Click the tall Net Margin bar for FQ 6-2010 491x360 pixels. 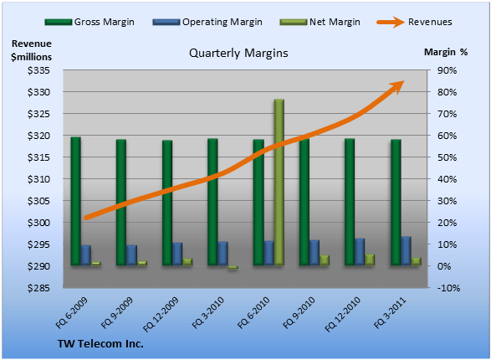point(279,183)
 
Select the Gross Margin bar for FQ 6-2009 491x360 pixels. point(76,201)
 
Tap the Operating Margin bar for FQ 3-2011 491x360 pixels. point(407,251)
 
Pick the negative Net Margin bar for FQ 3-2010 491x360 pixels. point(233,267)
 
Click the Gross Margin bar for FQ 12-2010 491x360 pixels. point(350,202)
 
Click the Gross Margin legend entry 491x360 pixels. point(90,22)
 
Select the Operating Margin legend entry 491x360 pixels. point(207,22)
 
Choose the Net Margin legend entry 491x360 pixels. point(320,22)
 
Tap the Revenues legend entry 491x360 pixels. point(415,22)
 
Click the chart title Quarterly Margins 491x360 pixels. point(238,53)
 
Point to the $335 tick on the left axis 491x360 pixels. point(38,70)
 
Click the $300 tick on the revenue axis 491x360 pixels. point(38,223)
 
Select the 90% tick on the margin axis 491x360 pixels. point(447,70)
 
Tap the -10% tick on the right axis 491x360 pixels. point(448,288)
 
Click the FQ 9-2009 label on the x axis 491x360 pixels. point(117,313)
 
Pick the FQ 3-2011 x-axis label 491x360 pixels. point(390,313)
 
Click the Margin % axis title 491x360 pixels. point(446,52)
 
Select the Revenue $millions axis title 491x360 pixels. point(31,50)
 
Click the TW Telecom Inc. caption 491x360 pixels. point(100,344)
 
